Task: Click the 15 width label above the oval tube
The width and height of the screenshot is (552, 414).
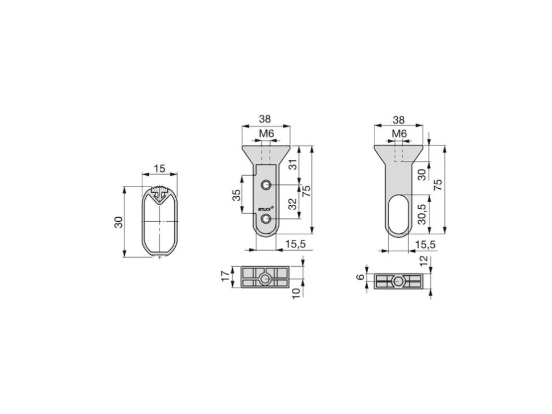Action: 159,168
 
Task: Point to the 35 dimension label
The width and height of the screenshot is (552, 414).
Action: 237,195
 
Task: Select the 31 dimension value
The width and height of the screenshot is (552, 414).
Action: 293,164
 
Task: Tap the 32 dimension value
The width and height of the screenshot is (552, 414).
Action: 293,204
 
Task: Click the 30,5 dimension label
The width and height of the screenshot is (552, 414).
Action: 422,214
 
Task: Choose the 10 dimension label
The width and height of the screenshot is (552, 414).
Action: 296,292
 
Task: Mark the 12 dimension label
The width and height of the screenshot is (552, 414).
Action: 424,260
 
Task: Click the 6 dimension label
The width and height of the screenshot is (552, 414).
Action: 360,277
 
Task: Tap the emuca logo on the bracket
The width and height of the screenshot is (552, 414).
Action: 266,209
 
